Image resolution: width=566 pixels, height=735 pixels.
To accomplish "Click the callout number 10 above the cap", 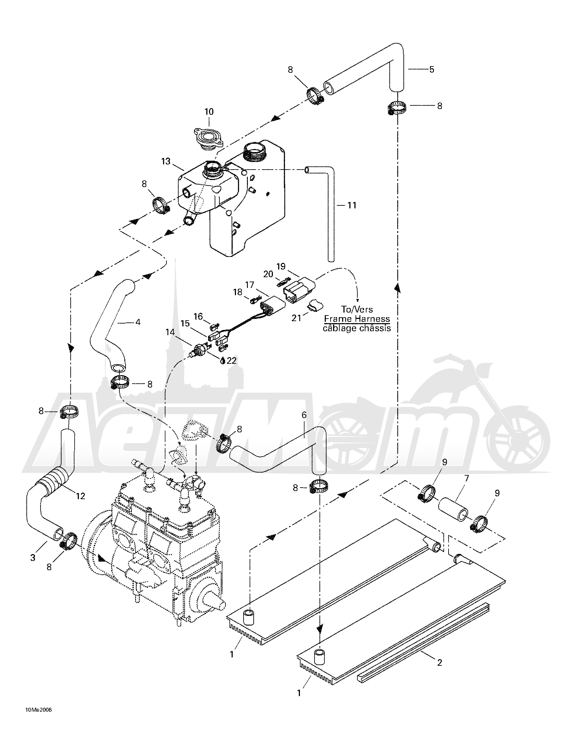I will pyautogui.click(x=209, y=112).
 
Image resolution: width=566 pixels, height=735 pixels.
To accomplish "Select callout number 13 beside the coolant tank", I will pyautogui.click(x=166, y=162).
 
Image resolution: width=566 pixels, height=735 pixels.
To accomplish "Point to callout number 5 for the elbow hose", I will pyautogui.click(x=432, y=70).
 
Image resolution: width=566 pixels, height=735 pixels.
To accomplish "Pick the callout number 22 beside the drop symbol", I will pyautogui.click(x=232, y=360).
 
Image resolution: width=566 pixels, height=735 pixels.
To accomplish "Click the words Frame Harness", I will pyautogui.click(x=357, y=319).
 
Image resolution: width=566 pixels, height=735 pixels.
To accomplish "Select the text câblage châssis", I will pyautogui.click(x=357, y=328).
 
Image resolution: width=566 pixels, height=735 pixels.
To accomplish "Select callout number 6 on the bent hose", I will pyautogui.click(x=304, y=415).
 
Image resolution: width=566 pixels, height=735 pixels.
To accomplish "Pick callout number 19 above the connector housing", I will pyautogui.click(x=281, y=267).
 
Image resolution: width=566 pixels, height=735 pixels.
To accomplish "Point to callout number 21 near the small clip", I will pyautogui.click(x=296, y=318).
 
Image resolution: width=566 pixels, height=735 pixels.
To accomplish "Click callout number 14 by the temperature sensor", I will pyautogui.click(x=170, y=332).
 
